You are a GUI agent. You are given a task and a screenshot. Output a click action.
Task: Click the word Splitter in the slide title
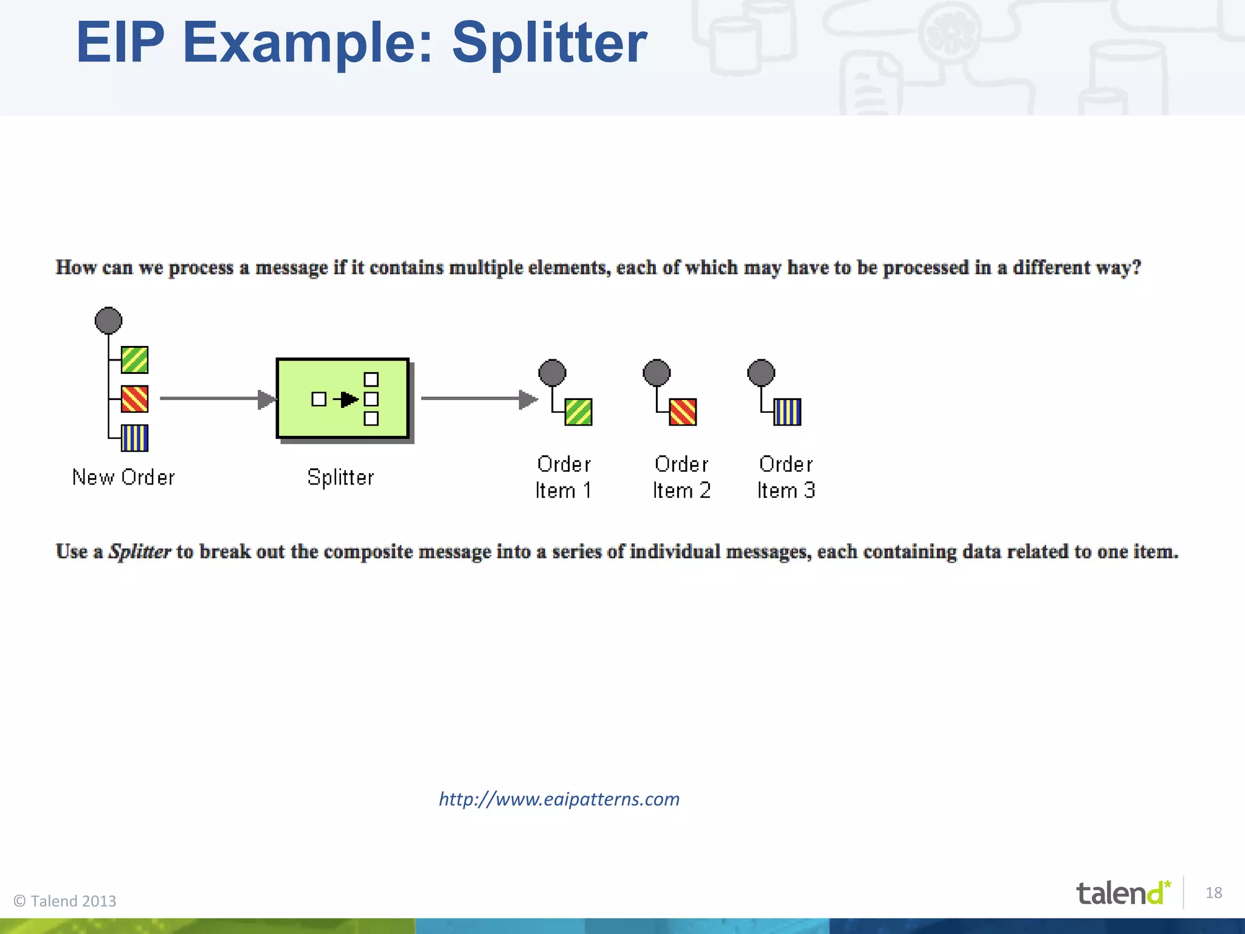coord(549,43)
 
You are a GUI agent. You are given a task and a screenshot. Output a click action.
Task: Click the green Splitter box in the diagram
coord(343,398)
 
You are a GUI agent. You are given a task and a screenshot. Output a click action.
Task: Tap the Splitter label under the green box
coord(340,477)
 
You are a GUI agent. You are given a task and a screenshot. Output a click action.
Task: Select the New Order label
coord(123,477)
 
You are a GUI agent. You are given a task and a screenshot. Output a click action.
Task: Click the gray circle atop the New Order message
coord(108,320)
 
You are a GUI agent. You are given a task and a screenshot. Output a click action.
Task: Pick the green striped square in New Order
coord(134,360)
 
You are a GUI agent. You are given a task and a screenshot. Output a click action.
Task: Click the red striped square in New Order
coord(134,399)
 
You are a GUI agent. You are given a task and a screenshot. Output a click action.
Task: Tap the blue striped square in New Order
coord(134,438)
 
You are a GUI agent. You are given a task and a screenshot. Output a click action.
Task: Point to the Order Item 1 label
coord(564,477)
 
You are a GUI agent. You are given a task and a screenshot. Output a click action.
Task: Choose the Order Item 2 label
coord(681,477)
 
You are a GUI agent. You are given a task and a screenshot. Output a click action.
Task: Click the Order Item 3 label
coord(786,477)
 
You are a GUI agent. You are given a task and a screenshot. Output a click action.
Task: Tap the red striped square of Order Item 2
coord(683,412)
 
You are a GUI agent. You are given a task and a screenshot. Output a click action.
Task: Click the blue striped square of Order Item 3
coord(787,412)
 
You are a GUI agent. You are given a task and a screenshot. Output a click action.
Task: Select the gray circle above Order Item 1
coord(552,373)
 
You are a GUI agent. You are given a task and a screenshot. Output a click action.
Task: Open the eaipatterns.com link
coord(559,799)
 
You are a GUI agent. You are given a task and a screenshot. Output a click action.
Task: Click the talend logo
coord(1122,893)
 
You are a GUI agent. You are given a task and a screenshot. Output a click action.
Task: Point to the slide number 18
coord(1213,893)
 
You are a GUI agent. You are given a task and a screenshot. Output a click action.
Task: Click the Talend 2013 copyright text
coord(65,901)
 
